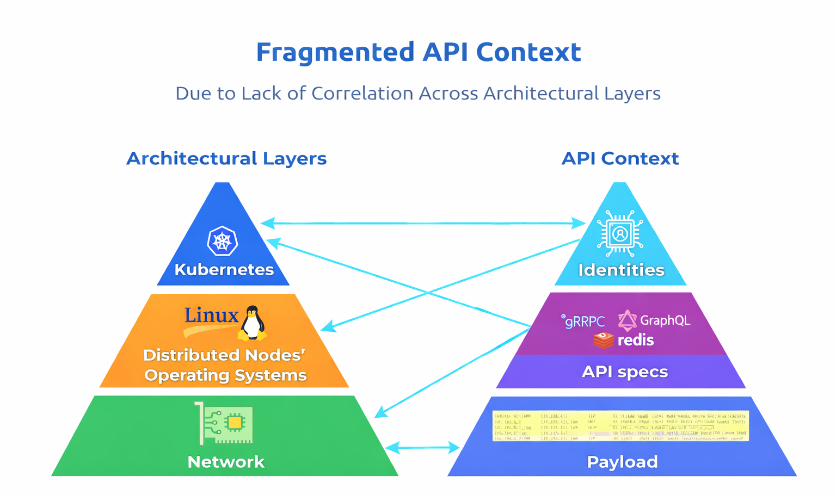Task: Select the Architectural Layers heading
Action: tap(226, 158)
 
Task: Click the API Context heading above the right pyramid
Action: tap(620, 158)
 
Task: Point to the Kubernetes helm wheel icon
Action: tap(222, 241)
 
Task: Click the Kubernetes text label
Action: tap(224, 270)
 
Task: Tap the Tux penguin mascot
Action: tap(252, 323)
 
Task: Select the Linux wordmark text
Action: tap(211, 315)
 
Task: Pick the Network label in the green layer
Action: tap(226, 462)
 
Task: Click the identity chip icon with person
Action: tap(620, 234)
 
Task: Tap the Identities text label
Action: tap(621, 270)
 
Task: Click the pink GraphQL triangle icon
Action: tap(627, 320)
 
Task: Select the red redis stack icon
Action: tap(604, 341)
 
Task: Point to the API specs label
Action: tap(624, 372)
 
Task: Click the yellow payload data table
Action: tap(620, 425)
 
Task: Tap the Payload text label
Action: tap(622, 462)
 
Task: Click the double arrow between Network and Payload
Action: tap(422, 448)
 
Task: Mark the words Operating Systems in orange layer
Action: tap(225, 375)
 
